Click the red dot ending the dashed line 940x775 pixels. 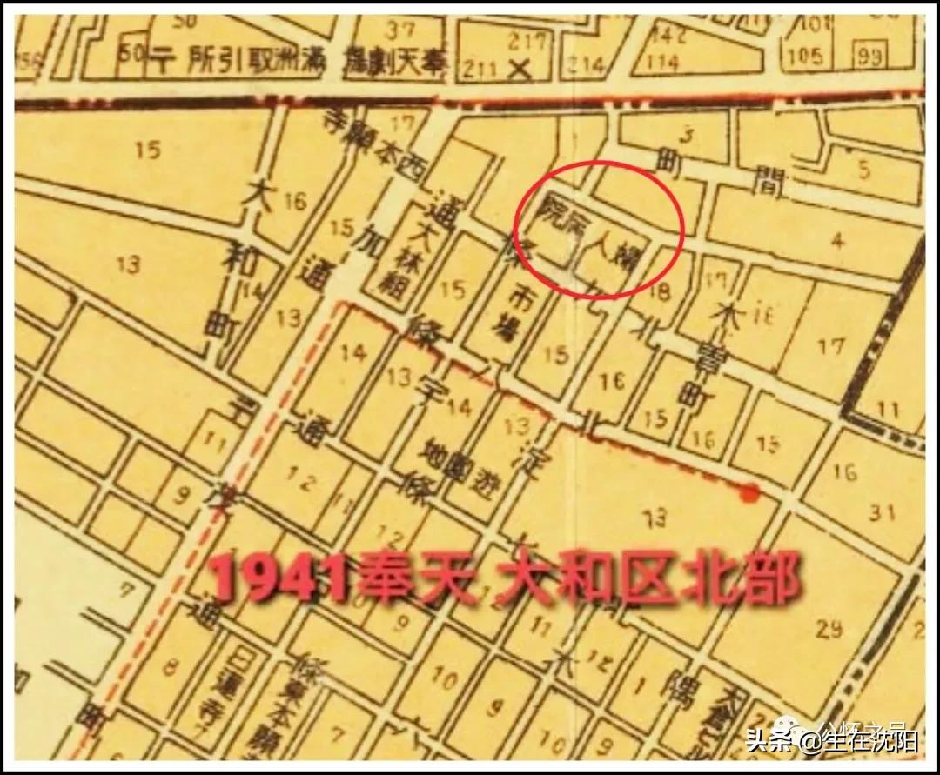[x=747, y=494]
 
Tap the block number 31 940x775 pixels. [x=882, y=512]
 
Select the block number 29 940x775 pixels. [x=830, y=627]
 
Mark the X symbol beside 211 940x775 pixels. [x=521, y=69]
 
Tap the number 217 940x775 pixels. [x=529, y=40]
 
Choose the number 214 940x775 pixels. [x=587, y=64]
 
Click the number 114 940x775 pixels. [x=663, y=63]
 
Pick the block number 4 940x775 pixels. [x=837, y=241]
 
